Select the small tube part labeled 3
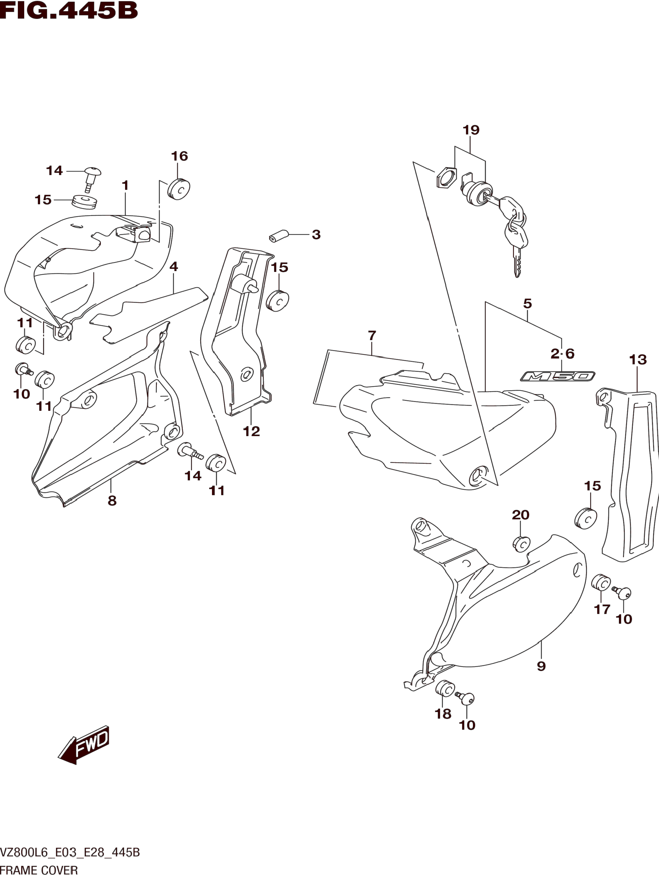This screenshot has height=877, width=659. pyautogui.click(x=277, y=235)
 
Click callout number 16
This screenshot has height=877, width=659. pyautogui.click(x=179, y=156)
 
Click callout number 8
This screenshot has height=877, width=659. pyautogui.click(x=112, y=501)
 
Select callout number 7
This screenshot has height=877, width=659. pyautogui.click(x=372, y=336)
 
